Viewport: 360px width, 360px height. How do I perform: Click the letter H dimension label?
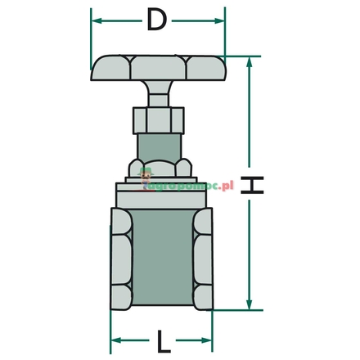(x=255, y=187)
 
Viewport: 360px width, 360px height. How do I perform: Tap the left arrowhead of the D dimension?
(x=95, y=21)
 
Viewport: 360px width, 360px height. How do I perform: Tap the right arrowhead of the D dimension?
(x=220, y=21)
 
